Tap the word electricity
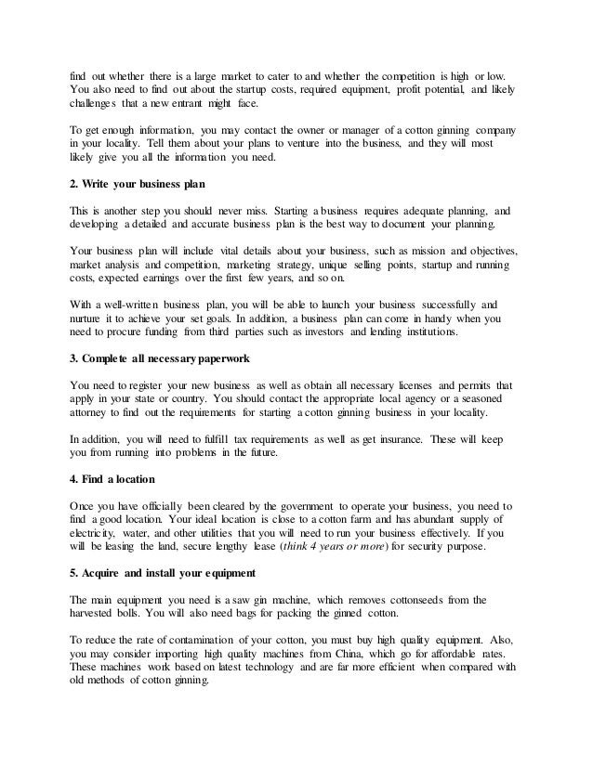[x=95, y=534]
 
